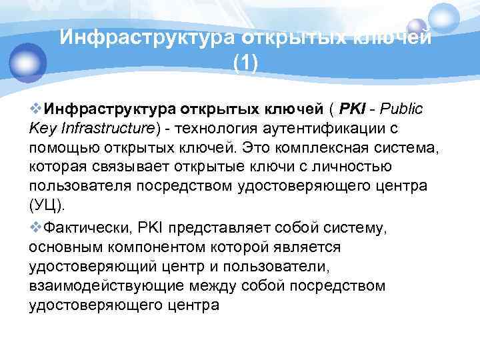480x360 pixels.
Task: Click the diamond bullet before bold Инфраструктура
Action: (35, 108)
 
